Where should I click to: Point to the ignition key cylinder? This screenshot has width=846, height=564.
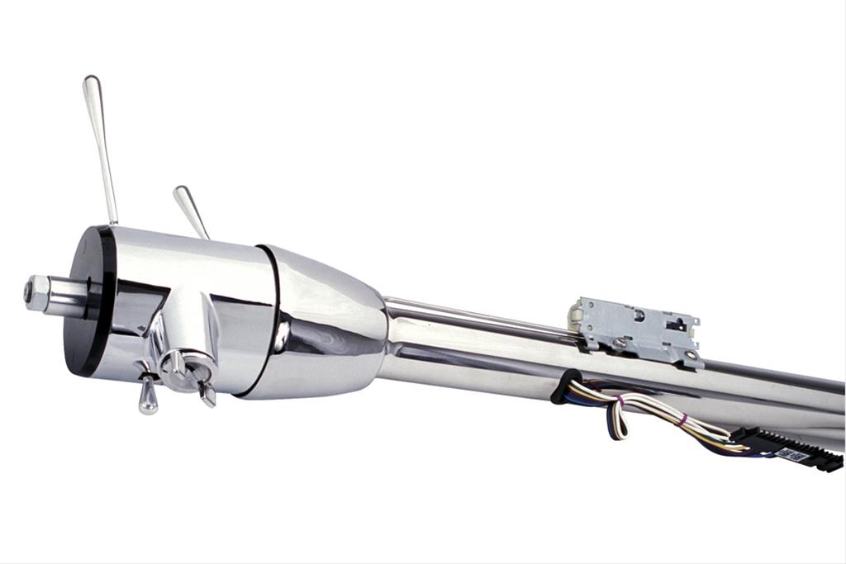178,365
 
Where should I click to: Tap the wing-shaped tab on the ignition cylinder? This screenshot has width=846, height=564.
206,393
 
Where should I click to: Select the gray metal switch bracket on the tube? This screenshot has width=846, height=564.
636,330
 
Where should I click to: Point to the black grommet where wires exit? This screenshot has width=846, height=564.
564,386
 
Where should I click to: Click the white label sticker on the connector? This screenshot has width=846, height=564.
791,453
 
